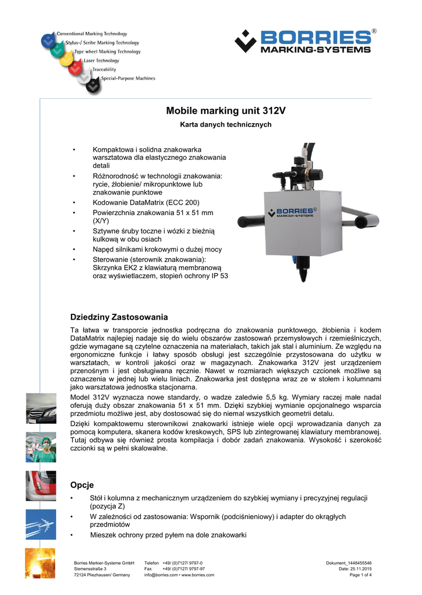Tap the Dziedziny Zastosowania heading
click(119, 317)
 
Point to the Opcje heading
click(81, 485)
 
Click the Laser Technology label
click(101, 60)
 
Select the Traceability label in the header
click(104, 69)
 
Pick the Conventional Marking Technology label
click(91, 34)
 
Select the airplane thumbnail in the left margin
click(41, 525)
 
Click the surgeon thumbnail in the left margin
click(41, 447)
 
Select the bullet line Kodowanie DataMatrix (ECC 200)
click(146, 202)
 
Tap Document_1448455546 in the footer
click(349, 563)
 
